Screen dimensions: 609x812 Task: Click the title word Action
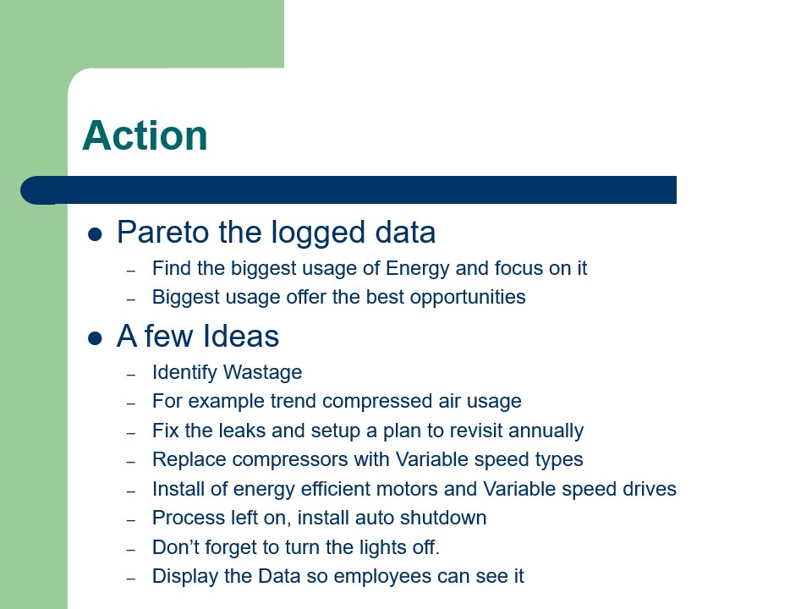(x=145, y=135)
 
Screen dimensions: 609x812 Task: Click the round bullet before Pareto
(x=95, y=234)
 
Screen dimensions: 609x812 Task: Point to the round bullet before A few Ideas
(x=95, y=338)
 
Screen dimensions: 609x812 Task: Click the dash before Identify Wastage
(x=131, y=374)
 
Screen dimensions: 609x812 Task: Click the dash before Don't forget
(x=131, y=549)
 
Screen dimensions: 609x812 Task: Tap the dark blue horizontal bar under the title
(x=355, y=189)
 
